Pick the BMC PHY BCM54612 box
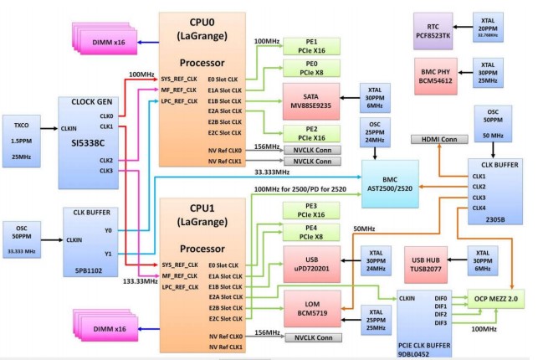436,74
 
